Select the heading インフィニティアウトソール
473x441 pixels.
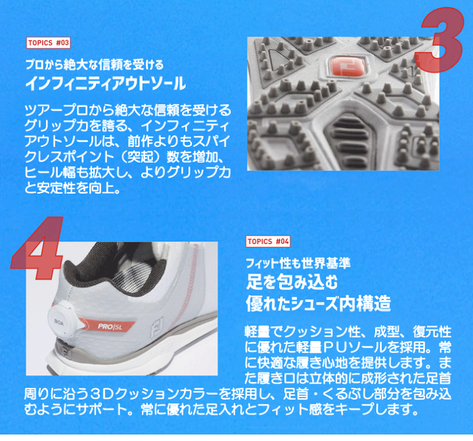click(x=105, y=84)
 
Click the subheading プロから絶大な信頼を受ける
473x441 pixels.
click(x=93, y=66)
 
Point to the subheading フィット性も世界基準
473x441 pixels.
click(x=298, y=263)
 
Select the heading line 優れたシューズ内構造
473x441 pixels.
click(x=318, y=304)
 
